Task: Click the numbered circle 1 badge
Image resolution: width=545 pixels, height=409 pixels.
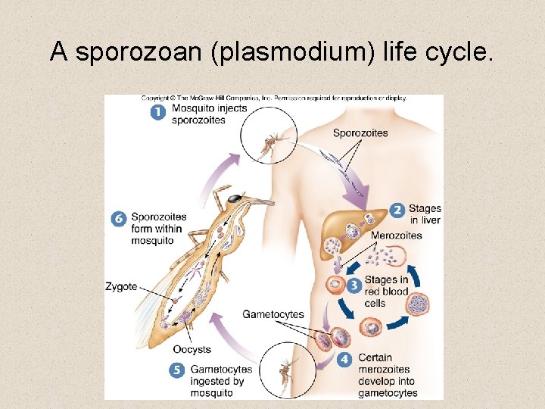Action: click(157, 112)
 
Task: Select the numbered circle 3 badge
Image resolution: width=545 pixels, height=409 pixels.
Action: click(353, 286)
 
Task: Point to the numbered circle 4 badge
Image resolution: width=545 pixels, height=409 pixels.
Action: click(346, 358)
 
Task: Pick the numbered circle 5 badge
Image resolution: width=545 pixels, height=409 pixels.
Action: click(177, 370)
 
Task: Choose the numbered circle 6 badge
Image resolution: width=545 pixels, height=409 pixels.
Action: click(118, 219)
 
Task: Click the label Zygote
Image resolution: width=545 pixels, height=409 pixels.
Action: click(121, 287)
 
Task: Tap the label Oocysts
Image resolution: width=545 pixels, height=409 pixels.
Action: click(192, 350)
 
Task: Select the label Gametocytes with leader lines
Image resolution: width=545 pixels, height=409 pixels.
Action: click(272, 314)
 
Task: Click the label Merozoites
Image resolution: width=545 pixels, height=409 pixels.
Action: click(396, 236)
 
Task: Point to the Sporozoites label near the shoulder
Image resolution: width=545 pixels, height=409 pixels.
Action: click(360, 133)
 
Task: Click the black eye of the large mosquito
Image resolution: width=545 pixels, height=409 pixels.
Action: click(236, 198)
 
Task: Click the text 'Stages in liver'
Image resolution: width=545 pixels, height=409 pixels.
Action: click(425, 214)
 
